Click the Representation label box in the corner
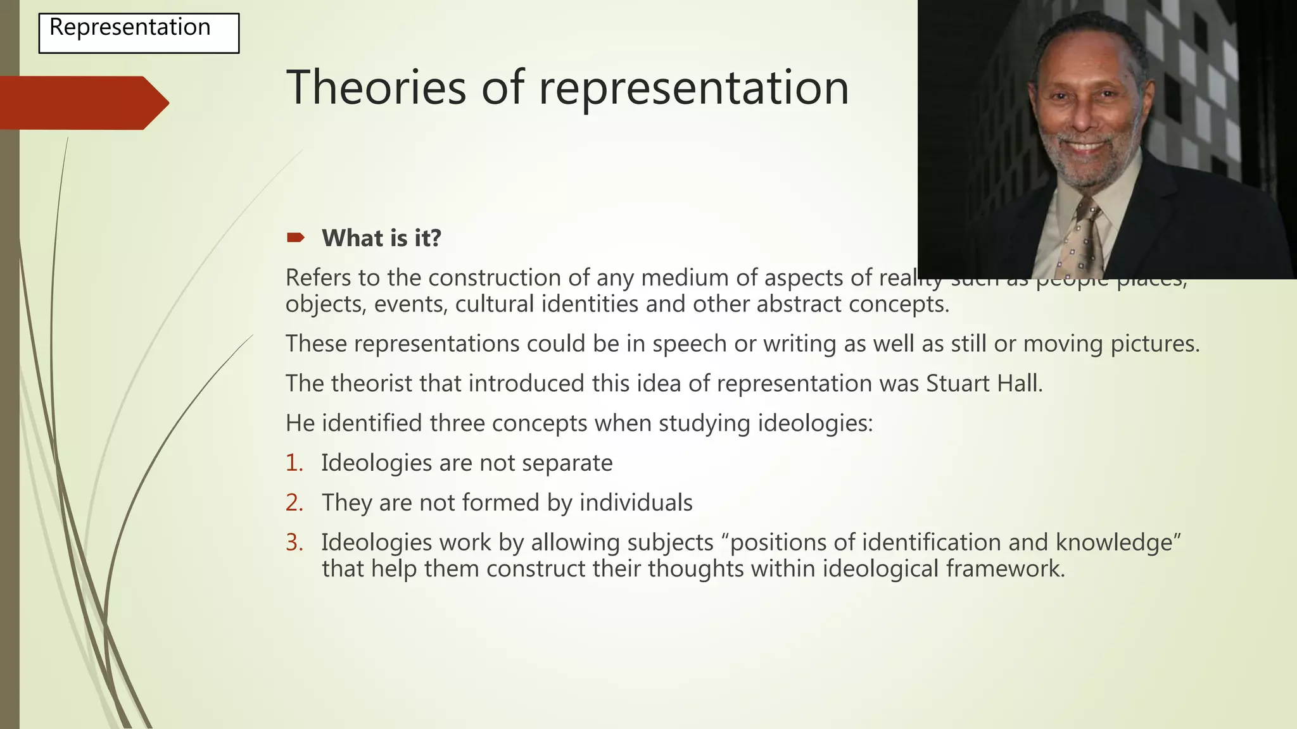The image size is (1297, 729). pos(139,33)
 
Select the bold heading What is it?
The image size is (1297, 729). pos(381,239)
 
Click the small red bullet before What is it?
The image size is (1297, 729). pos(295,238)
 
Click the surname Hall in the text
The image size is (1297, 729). pos(1020,383)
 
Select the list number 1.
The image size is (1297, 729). pos(294,463)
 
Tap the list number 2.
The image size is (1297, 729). pos(294,503)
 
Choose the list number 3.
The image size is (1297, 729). pos(294,543)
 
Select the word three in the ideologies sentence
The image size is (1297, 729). pos(457,423)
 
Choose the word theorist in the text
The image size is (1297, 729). pos(373,383)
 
